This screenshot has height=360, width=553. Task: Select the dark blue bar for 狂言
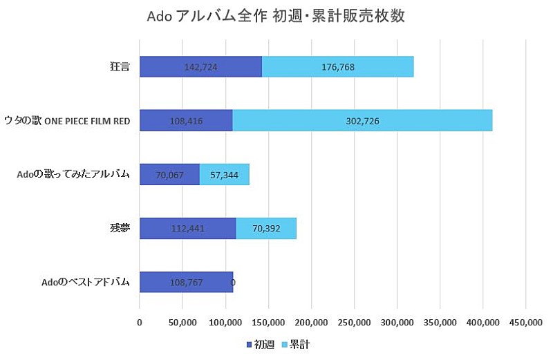pyautogui.click(x=200, y=67)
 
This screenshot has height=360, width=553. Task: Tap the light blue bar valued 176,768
pyautogui.click(x=338, y=67)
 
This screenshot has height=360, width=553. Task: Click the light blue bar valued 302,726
pyautogui.click(x=362, y=121)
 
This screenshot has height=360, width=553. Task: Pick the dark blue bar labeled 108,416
pyautogui.click(x=186, y=121)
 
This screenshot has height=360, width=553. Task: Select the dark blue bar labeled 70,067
pyautogui.click(x=169, y=174)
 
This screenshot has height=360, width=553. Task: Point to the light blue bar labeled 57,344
pyautogui.click(x=224, y=174)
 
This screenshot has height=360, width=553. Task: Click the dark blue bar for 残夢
pyautogui.click(x=187, y=228)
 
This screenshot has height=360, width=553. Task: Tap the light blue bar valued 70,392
pyautogui.click(x=266, y=228)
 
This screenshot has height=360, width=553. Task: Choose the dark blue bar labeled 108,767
pyautogui.click(x=186, y=282)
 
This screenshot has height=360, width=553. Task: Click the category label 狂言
pyautogui.click(x=120, y=67)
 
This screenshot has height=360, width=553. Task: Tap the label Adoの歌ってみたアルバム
pyautogui.click(x=73, y=174)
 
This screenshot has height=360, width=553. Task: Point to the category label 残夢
pyautogui.click(x=120, y=228)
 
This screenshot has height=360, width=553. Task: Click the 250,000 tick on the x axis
pyautogui.click(x=354, y=322)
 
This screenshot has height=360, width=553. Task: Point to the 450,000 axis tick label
pyautogui.click(x=525, y=322)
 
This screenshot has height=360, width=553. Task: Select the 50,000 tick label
pyautogui.click(x=182, y=322)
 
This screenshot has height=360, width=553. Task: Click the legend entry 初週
pyautogui.click(x=260, y=343)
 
